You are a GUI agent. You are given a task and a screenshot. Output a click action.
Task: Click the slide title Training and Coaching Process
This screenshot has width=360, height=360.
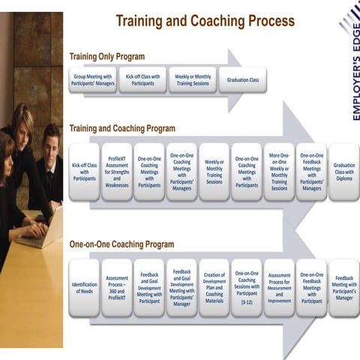click(x=205, y=21)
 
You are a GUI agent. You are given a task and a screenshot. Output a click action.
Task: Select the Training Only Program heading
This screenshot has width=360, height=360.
click(x=106, y=56)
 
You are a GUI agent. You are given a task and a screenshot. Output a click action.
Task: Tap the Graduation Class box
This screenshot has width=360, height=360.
click(x=242, y=79)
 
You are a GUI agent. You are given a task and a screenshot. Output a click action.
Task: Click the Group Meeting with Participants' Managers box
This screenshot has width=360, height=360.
click(x=92, y=79)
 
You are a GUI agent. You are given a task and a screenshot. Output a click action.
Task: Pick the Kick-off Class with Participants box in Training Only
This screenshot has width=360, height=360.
click(x=142, y=79)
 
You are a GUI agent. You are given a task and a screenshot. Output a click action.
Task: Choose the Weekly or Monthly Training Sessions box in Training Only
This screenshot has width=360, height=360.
click(x=193, y=79)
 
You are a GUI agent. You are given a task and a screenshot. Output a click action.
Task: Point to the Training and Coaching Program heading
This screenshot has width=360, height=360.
click(x=121, y=128)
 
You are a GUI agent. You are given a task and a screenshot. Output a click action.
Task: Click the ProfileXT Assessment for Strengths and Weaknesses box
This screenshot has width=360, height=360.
click(x=116, y=172)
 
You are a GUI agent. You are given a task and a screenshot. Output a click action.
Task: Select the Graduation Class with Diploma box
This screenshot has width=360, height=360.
click(x=343, y=172)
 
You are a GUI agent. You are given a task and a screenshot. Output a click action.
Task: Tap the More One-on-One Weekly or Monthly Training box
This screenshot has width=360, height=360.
click(x=279, y=172)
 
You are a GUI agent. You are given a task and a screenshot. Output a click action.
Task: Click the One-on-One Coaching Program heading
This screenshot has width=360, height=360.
click(x=121, y=244)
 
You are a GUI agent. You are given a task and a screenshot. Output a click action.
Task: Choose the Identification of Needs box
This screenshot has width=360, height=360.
click(x=84, y=288)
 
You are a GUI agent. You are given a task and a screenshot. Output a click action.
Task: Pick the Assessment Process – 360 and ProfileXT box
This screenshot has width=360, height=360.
click(x=116, y=288)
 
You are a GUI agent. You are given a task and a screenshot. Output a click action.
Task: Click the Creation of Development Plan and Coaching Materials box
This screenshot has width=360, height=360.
click(x=214, y=288)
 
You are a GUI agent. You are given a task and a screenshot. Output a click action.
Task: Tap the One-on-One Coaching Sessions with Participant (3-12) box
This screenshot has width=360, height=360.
click(x=247, y=288)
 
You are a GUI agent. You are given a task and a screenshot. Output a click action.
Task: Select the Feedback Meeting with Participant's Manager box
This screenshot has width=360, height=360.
click(x=343, y=288)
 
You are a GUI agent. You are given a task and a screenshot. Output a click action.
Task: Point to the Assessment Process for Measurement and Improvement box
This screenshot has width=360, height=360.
click(x=279, y=288)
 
